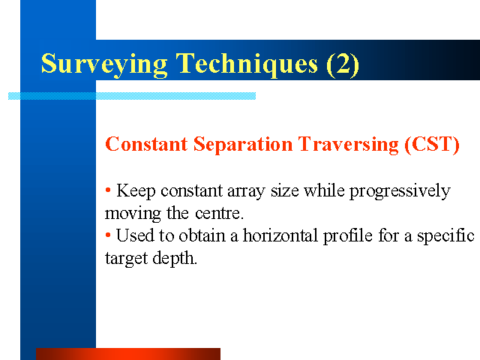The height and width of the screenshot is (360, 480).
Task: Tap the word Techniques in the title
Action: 247,64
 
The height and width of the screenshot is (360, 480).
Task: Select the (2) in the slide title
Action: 343,64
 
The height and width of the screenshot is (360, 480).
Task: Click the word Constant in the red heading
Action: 146,144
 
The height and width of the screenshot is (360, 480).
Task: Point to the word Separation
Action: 243,145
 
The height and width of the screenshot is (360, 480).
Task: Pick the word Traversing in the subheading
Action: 348,145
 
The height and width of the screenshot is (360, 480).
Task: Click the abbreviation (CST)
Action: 432,145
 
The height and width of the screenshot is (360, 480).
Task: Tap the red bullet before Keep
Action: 108,190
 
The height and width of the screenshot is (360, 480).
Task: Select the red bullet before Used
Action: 108,235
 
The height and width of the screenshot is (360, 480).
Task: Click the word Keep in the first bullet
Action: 136,191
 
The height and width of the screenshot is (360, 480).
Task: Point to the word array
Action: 246,192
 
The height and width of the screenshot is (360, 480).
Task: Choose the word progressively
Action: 400,192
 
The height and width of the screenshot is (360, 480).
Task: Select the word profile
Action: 348,236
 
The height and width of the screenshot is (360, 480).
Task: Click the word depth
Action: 175,259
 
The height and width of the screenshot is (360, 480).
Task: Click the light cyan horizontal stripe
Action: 132,96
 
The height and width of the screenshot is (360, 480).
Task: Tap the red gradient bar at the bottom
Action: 128,354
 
